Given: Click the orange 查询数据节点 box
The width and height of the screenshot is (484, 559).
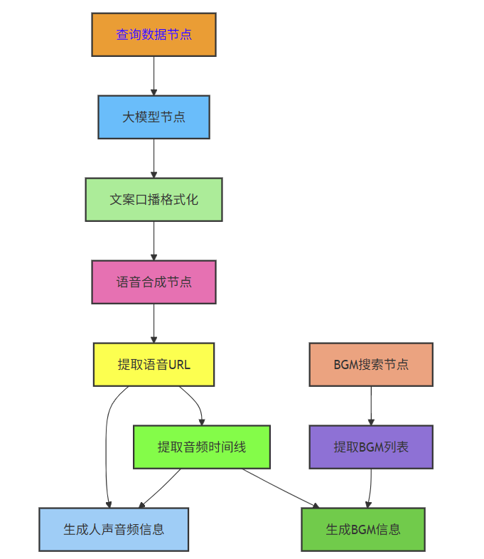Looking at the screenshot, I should [x=154, y=34].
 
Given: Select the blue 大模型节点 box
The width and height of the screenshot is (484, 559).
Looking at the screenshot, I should [x=154, y=117].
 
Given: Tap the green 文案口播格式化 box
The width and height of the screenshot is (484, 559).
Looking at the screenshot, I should [x=154, y=199].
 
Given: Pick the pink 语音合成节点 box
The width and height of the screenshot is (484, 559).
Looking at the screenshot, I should [x=154, y=282].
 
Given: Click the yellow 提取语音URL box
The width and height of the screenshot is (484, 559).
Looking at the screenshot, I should [x=154, y=364].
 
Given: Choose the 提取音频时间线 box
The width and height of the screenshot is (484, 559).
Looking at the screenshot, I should [x=202, y=447].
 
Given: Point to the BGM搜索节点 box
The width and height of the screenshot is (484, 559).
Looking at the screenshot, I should [x=371, y=364].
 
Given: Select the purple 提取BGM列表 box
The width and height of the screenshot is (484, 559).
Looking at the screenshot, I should [x=371, y=447].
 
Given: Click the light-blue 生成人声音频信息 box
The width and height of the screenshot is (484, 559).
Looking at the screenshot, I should [x=114, y=529].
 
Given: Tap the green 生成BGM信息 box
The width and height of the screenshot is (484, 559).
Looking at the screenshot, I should [x=363, y=529].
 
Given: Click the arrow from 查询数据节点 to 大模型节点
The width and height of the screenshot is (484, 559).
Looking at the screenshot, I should [x=154, y=75].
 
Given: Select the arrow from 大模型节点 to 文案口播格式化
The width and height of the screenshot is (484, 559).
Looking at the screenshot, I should [x=154, y=158].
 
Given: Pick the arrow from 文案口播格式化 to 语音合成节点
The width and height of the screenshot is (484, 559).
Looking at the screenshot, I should [x=154, y=240].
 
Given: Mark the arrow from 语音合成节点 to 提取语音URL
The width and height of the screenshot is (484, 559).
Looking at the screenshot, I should [x=154, y=323].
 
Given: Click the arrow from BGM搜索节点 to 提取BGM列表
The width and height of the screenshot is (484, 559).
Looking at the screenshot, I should [x=371, y=405].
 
